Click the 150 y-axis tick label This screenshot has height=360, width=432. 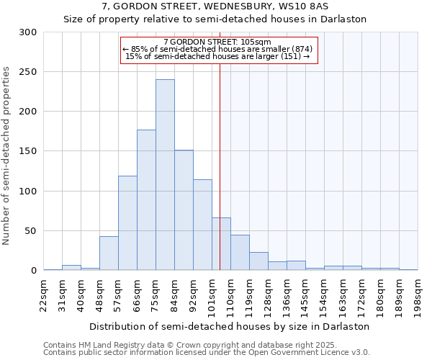click(28, 151)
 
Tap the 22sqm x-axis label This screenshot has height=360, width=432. click(43, 293)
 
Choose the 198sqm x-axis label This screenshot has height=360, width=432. click(418, 293)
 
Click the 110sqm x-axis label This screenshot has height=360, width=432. click(230, 293)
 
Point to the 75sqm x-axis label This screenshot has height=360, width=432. click(156, 293)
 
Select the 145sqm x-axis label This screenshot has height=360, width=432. click(305, 293)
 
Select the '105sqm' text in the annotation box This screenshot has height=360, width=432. click(256, 42)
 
